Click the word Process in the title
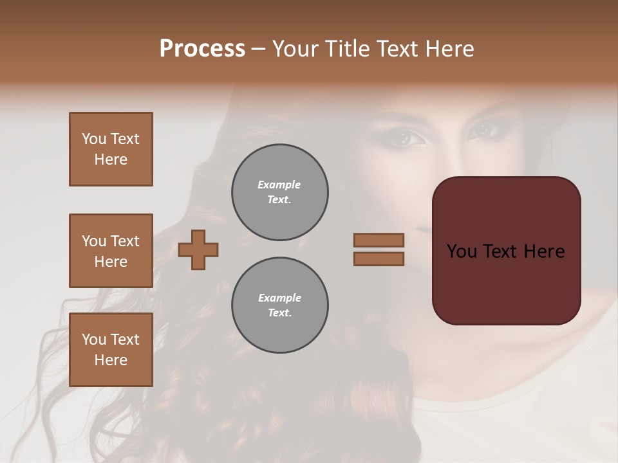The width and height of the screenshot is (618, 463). (x=202, y=49)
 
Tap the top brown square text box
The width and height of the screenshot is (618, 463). (x=111, y=149)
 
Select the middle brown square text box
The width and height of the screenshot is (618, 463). (x=111, y=251)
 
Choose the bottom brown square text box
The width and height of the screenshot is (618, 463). (x=111, y=350)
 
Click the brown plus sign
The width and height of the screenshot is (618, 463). (x=198, y=250)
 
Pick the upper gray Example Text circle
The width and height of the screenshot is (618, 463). (x=279, y=192)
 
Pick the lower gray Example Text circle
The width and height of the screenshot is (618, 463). (x=279, y=305)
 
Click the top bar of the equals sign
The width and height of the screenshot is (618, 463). (x=379, y=241)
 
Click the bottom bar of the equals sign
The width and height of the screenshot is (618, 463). (x=379, y=259)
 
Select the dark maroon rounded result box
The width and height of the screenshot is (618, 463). (x=506, y=250)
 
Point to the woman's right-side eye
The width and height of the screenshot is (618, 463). (x=484, y=131)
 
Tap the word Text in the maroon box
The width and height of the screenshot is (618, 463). (x=505, y=251)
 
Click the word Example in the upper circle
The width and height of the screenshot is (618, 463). (x=279, y=185)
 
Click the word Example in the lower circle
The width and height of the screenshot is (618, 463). (x=279, y=298)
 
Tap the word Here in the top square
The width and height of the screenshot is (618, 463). (x=111, y=159)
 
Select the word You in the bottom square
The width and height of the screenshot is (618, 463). (x=93, y=340)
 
